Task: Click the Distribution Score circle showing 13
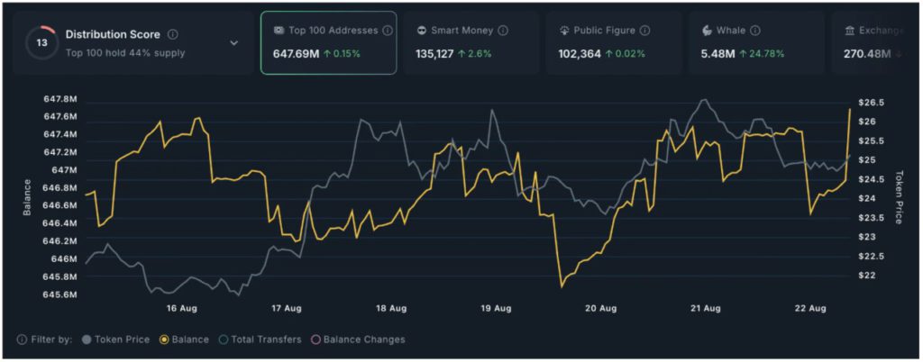41,42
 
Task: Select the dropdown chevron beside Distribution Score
234,42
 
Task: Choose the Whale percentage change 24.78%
762,53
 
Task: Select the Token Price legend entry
115,339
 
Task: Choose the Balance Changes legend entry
358,339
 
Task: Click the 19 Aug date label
497,309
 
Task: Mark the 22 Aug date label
810,309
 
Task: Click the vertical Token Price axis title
899,196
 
